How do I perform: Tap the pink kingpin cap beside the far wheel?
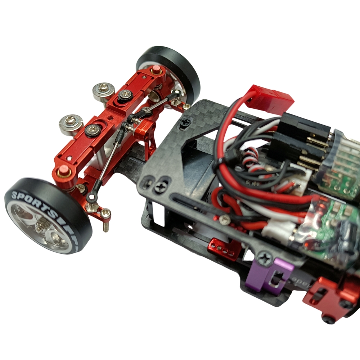pos(157,68)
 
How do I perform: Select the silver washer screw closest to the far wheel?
pos(103,91)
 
